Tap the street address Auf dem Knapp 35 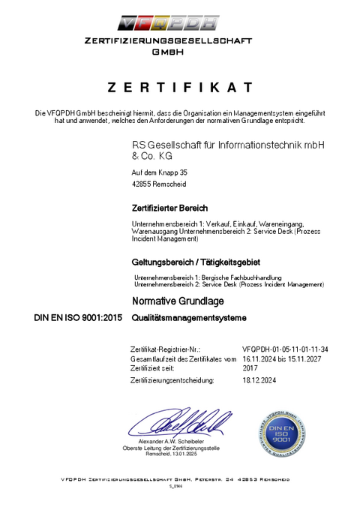[159, 172]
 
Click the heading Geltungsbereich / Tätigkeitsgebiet [195, 262]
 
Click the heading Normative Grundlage [178, 301]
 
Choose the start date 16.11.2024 [260, 359]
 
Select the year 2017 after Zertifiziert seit [250, 368]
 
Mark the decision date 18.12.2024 [260, 380]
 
